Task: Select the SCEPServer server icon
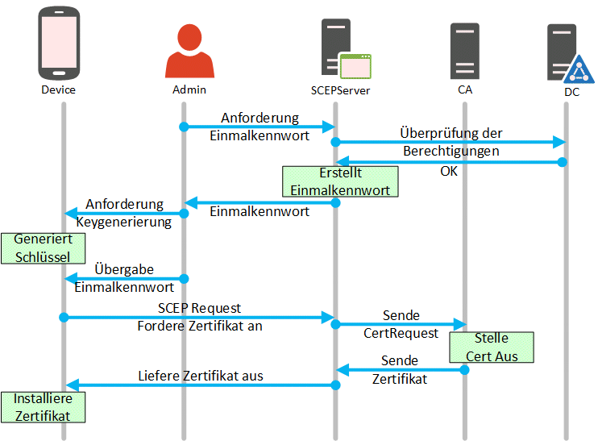tap(337, 48)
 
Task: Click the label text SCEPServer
tap(340, 90)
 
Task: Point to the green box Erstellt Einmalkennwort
tap(340, 182)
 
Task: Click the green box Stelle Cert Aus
tap(492, 347)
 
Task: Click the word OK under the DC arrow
tap(450, 171)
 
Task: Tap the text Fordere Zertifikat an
tap(200, 327)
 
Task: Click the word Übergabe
tap(124, 268)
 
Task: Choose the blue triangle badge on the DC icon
tap(577, 72)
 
